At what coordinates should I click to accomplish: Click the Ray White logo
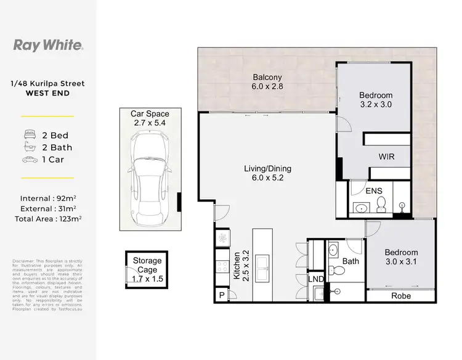tap(48, 44)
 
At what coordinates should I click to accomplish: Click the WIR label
tap(386, 157)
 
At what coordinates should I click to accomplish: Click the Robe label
tap(400, 296)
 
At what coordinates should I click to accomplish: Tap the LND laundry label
tap(315, 279)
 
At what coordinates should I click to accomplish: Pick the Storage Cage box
tap(147, 269)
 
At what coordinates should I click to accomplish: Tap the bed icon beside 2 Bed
tap(29, 134)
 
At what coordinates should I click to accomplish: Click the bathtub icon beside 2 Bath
tap(29, 147)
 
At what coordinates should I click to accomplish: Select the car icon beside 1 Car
tap(29, 160)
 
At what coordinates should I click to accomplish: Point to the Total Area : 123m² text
tap(48, 218)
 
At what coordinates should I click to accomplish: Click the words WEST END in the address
tap(47, 93)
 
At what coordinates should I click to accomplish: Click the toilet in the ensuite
tap(380, 203)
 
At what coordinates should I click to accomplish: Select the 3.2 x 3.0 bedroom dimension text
tap(376, 105)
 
